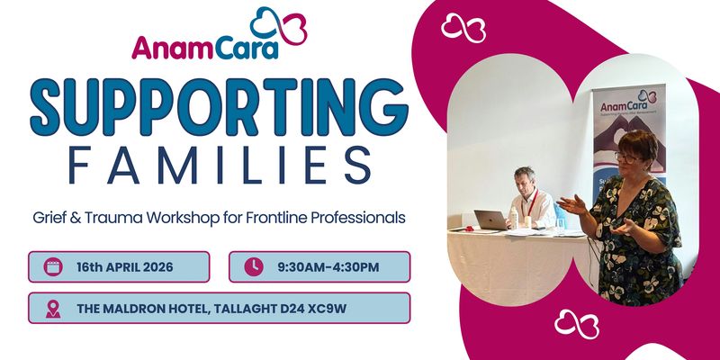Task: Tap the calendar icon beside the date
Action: [53, 266]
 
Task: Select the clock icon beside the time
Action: [253, 266]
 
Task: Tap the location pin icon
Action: [53, 308]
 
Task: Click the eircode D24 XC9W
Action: [337, 308]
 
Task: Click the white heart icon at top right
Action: [463, 29]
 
